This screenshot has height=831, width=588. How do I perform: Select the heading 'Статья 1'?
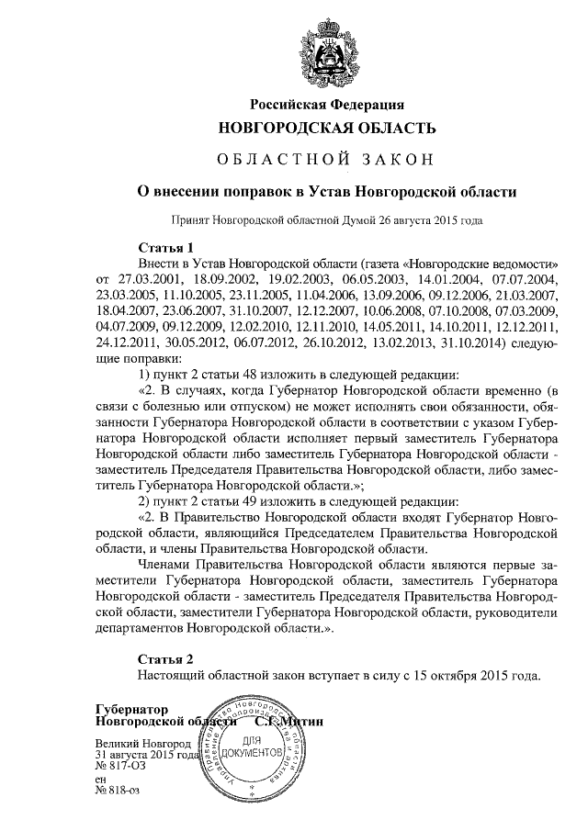click(165, 247)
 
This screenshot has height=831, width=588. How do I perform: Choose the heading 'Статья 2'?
click(165, 658)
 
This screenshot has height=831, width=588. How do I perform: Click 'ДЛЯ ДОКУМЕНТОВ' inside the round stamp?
click(251, 745)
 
